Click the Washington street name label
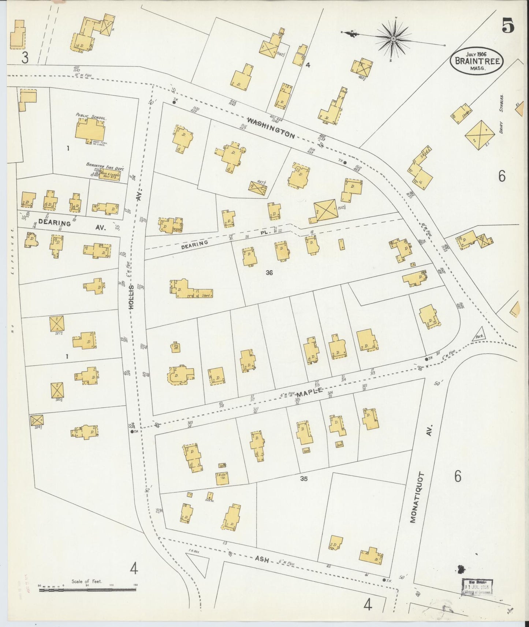[271, 128]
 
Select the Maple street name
[309, 393]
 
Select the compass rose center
[393, 38]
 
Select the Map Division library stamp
[477, 587]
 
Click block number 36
[269, 273]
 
